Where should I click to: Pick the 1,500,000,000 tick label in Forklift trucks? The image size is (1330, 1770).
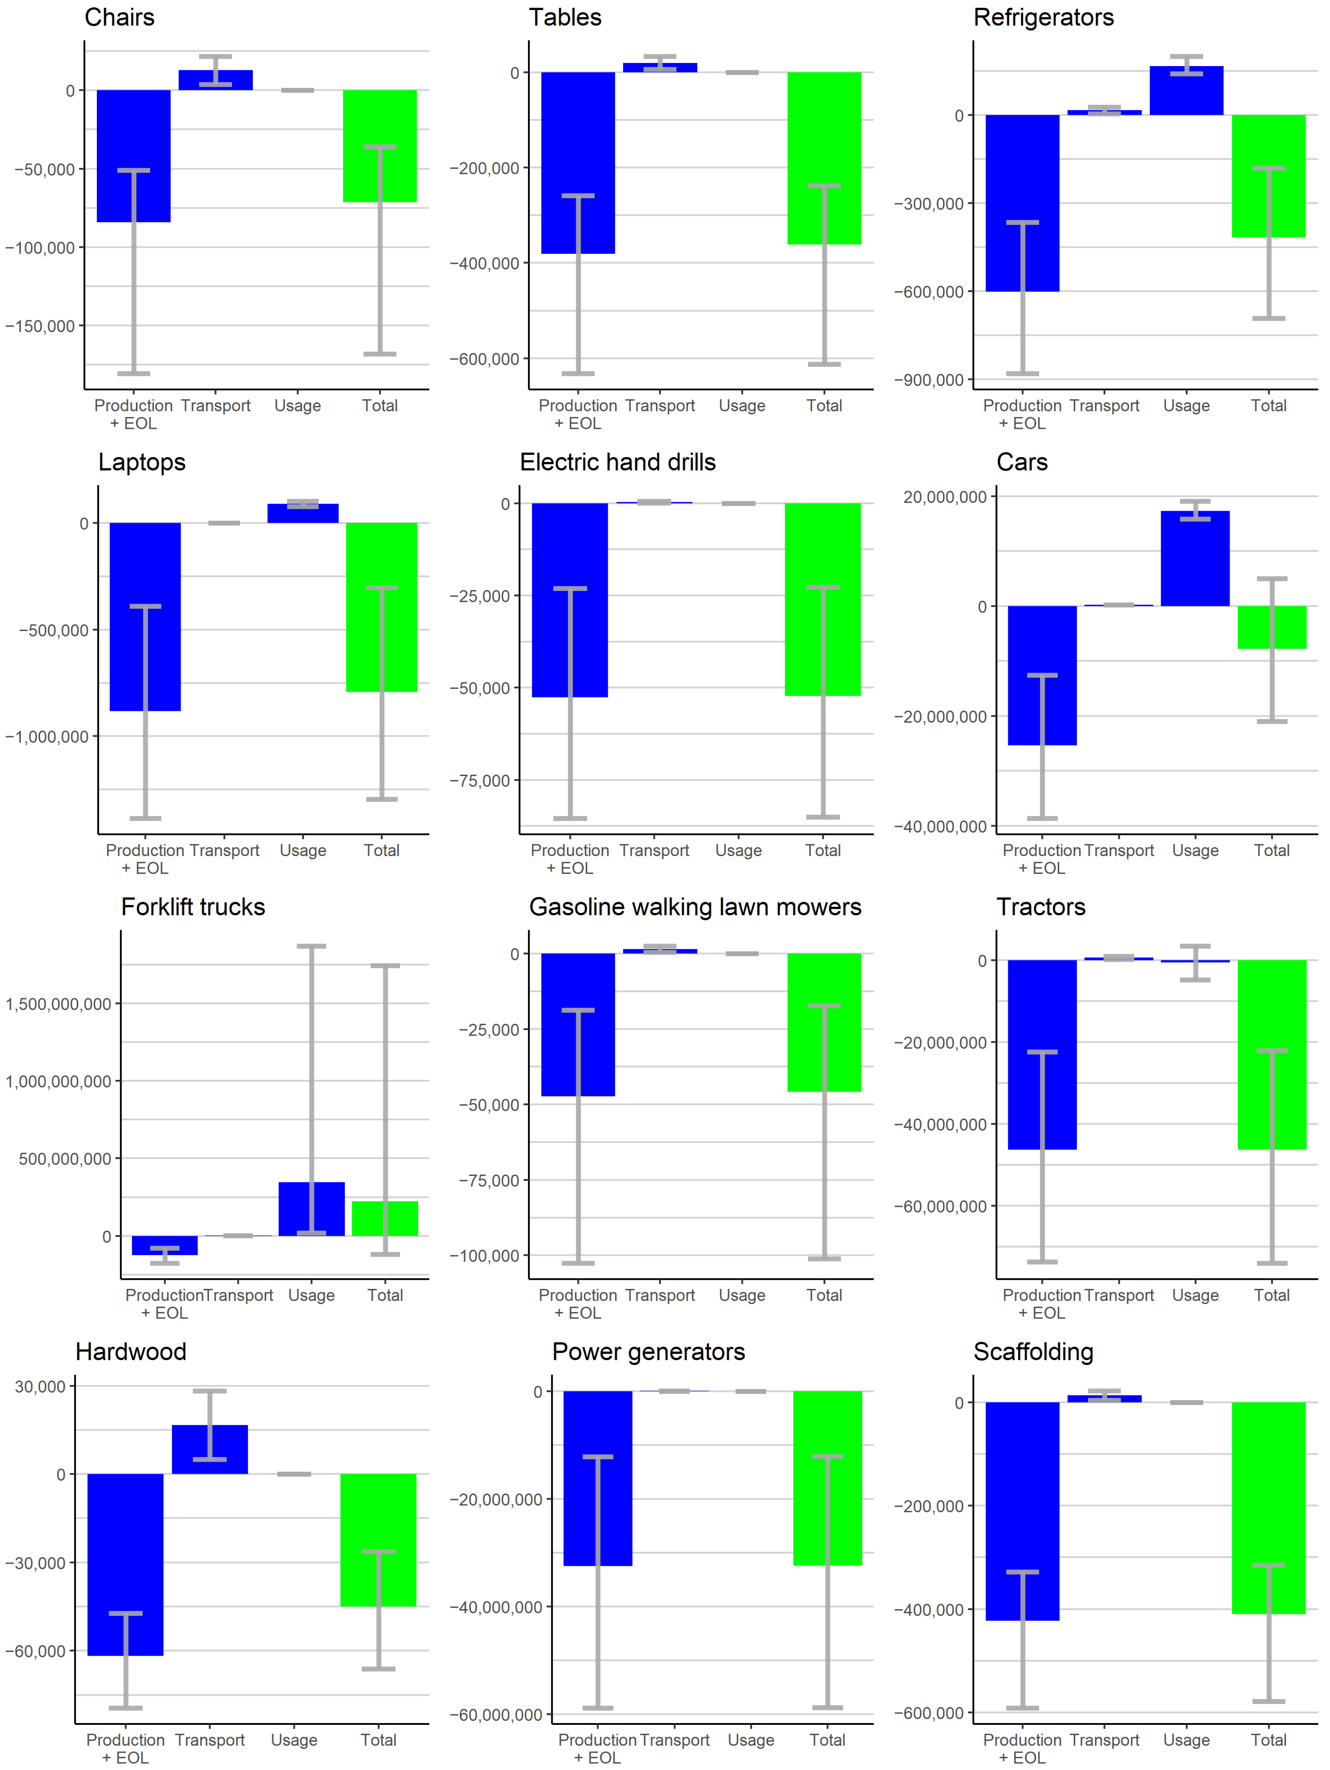58,1004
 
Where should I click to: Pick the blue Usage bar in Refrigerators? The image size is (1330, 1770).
1186,90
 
